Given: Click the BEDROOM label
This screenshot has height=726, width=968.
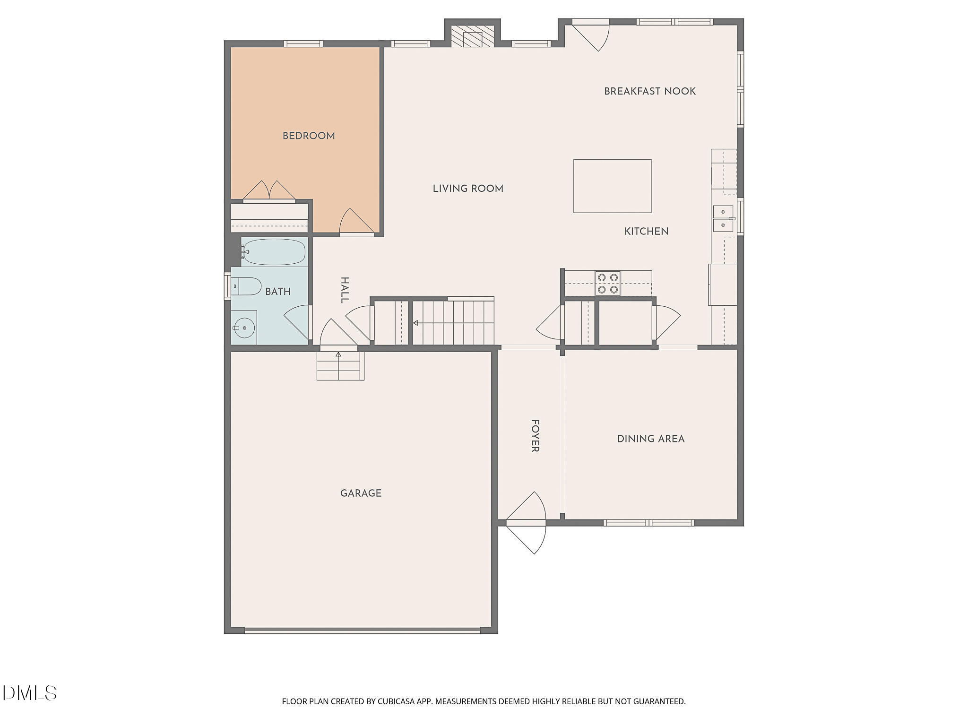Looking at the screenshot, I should (x=309, y=136).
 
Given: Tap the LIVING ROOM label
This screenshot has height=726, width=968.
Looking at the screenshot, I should (x=468, y=189).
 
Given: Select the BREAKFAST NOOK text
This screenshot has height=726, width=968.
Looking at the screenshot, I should (x=650, y=91).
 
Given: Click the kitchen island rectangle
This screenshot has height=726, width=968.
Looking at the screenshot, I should (x=612, y=186).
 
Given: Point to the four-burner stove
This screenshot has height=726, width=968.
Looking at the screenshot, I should (x=608, y=284).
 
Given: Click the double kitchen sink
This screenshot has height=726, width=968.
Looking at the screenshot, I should (x=723, y=218).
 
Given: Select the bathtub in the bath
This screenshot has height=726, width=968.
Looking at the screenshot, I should (x=274, y=252).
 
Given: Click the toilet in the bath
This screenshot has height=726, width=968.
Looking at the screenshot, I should (x=246, y=286).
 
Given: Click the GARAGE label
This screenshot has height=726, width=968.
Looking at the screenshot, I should (x=361, y=493).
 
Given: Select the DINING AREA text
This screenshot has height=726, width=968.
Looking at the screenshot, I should (x=651, y=439).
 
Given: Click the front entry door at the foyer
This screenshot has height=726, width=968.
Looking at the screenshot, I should (x=526, y=523).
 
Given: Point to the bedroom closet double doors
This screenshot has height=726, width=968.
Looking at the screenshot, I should (x=269, y=191).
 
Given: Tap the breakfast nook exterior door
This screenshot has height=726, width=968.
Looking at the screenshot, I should (x=591, y=35).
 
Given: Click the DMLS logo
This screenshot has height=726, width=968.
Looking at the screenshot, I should (x=29, y=693).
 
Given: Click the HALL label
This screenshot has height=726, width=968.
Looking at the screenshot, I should (x=345, y=290).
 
